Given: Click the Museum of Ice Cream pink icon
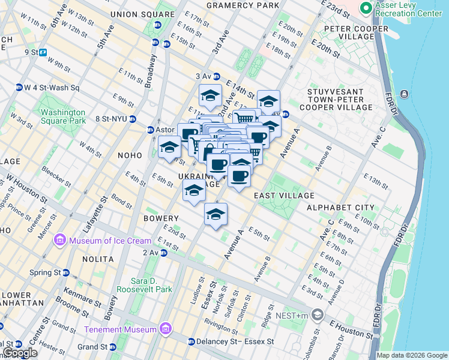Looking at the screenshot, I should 60,241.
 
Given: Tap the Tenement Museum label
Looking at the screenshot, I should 120,329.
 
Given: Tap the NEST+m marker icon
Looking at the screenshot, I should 318,314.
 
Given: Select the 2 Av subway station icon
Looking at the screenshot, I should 163,253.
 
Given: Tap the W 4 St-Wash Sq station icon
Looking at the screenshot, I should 18,88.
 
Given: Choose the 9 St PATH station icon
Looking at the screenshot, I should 44,52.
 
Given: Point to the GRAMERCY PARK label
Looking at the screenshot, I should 243,5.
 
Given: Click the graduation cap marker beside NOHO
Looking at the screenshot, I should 170,146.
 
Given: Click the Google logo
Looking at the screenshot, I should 19,353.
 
